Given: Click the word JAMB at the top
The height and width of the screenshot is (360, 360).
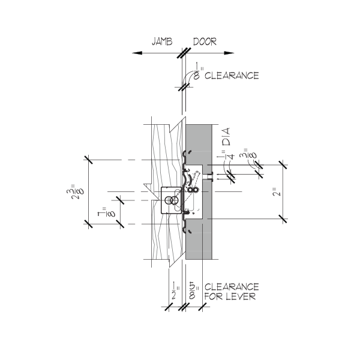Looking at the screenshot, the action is pyautogui.click(x=162, y=41).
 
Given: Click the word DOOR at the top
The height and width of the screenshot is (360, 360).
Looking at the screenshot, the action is pyautogui.click(x=205, y=41).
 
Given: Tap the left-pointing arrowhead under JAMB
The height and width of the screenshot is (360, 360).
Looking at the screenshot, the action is pyautogui.click(x=137, y=53).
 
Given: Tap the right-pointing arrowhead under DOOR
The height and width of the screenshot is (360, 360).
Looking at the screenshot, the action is pyautogui.click(x=229, y=53).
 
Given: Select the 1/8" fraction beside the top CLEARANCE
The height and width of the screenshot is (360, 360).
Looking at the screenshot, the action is pyautogui.click(x=198, y=71).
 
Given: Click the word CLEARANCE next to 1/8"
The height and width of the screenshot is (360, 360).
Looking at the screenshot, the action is pyautogui.click(x=232, y=76).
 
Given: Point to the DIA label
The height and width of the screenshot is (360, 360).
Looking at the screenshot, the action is pyautogui.click(x=226, y=137).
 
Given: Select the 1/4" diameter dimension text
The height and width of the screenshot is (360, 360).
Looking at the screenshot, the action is pyautogui.click(x=229, y=154).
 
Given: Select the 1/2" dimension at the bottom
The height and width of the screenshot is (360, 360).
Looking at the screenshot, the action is pyautogui.click(x=175, y=292).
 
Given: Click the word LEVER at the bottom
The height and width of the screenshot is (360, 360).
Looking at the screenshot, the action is pyautogui.click(x=241, y=296).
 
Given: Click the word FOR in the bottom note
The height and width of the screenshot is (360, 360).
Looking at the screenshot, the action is pyautogui.click(x=214, y=296).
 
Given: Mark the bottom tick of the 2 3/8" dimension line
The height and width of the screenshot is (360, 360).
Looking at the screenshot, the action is pyautogui.click(x=88, y=224).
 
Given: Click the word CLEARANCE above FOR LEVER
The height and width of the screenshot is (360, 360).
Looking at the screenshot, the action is pyautogui.click(x=232, y=287).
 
